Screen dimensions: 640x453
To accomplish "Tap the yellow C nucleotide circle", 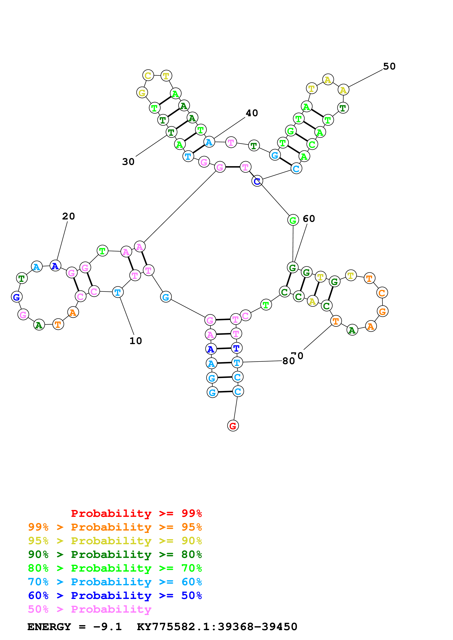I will click(x=148, y=75).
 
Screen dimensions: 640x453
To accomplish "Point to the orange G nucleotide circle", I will click(x=382, y=311).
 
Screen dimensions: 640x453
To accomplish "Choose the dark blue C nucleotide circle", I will click(x=257, y=181).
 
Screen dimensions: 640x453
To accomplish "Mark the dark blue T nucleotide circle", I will click(x=236, y=348).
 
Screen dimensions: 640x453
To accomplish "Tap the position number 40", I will click(x=252, y=113).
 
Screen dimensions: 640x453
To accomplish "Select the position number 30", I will click(x=128, y=162).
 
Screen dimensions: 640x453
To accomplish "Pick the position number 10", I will click(x=136, y=341).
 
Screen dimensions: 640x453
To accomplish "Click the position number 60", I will click(x=309, y=219).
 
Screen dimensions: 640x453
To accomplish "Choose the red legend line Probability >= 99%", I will click(x=136, y=513).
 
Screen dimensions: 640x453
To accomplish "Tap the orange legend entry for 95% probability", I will click(x=115, y=527).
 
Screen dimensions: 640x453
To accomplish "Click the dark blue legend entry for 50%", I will click(x=115, y=595).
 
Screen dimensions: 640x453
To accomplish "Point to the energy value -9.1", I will click(x=107, y=627).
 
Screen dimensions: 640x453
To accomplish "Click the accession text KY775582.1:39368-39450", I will click(x=217, y=627).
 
